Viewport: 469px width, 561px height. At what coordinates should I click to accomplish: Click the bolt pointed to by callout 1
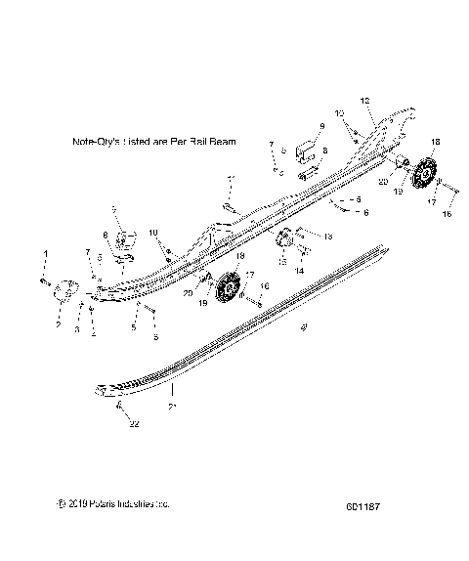point(45,280)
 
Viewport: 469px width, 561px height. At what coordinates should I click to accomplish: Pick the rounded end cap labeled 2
point(65,289)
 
